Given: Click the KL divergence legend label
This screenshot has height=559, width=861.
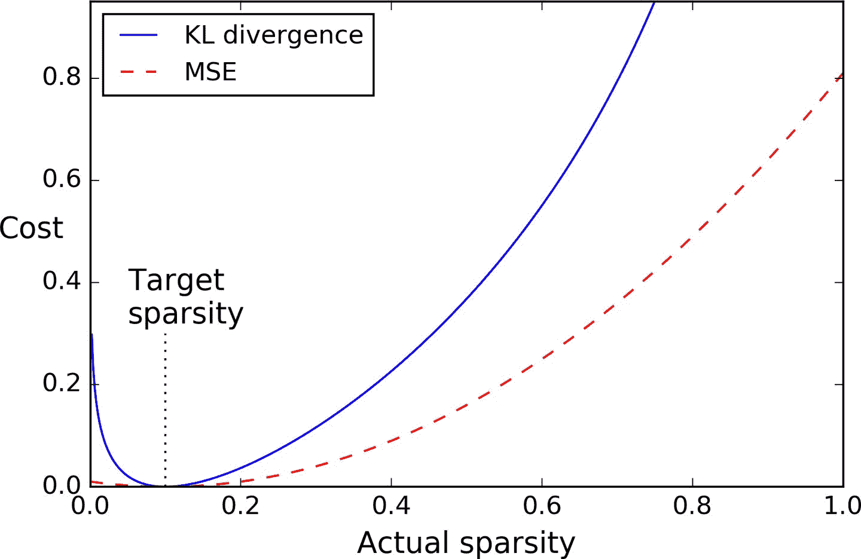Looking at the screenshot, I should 273,35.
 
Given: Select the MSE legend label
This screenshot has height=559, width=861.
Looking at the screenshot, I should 210,72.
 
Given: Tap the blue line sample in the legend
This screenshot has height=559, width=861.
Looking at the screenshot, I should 138,35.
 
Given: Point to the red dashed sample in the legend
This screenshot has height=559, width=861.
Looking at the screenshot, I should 138,72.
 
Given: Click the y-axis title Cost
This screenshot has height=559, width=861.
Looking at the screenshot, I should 31,228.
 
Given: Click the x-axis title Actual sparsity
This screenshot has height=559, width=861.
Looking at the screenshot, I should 466,543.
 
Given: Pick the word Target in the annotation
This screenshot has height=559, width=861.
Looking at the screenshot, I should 176,280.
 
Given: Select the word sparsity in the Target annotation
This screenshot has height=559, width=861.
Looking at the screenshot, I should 185,313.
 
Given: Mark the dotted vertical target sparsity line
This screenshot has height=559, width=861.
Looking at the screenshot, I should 165,407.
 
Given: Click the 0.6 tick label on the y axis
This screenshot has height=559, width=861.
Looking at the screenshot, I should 62,179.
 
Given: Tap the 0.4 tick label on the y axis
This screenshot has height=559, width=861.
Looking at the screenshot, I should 62,282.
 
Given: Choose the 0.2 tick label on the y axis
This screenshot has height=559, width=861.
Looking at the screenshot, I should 62,383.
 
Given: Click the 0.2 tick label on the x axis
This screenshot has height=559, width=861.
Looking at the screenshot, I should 240,506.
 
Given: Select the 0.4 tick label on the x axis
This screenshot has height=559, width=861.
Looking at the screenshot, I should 391,506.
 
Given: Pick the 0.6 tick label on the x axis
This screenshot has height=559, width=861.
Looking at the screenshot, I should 542,506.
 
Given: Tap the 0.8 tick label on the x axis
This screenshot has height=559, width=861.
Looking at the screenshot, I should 692,506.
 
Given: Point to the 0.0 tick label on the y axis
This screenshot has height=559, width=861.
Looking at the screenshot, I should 62,485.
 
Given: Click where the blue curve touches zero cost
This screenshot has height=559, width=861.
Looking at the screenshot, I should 165,485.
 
